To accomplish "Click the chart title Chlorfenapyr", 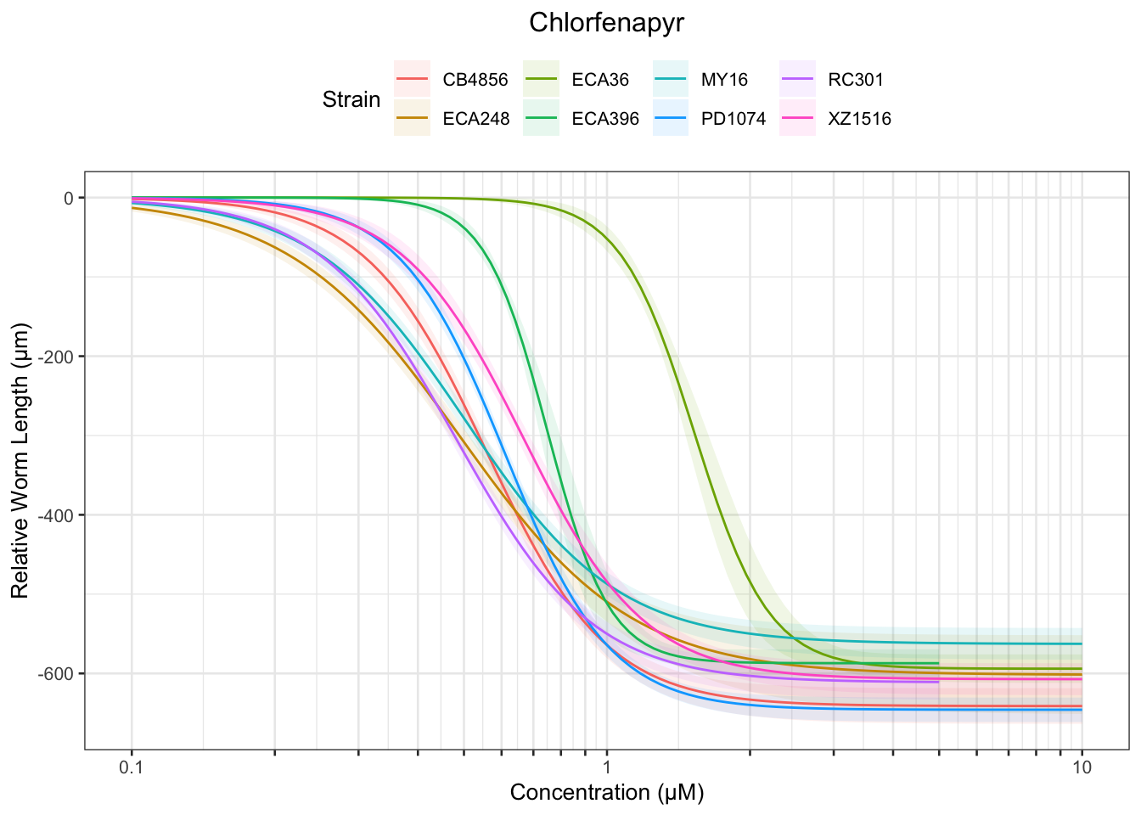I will click(x=606, y=23).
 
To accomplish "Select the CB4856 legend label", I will click(x=475, y=80).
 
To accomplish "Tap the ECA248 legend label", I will click(x=476, y=119).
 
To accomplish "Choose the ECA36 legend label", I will click(x=600, y=80).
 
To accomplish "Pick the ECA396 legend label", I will click(x=605, y=119).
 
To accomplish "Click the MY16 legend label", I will click(x=724, y=80).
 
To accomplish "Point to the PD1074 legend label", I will click(x=733, y=119).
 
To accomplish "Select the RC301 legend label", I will click(x=856, y=80).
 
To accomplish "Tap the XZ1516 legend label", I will click(x=860, y=119).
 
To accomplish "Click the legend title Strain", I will click(x=351, y=99).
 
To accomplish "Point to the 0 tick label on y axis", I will click(x=69, y=198).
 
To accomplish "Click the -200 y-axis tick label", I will click(x=56, y=357).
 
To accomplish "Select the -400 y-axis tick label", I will click(x=56, y=515).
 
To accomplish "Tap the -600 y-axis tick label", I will click(x=56, y=674).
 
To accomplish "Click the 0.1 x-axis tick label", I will click(x=132, y=768).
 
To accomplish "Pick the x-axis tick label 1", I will click(x=607, y=768).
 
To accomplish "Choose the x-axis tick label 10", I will click(x=1082, y=768).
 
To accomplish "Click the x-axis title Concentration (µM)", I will click(x=607, y=793).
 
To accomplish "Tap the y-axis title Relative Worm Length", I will click(x=20, y=459).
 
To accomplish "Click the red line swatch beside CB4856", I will click(x=413, y=80).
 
